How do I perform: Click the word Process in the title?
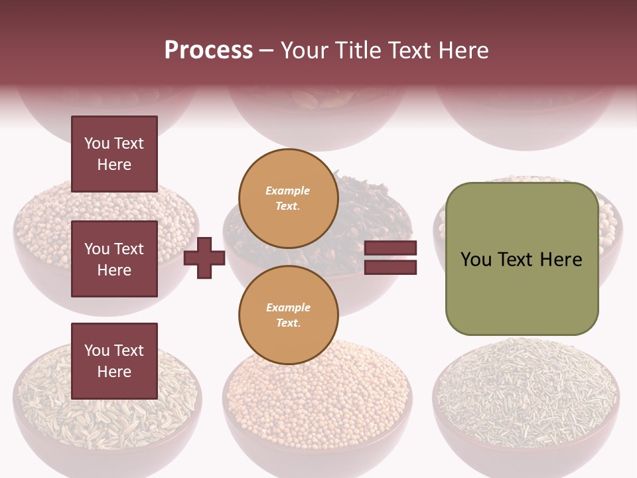tap(208, 50)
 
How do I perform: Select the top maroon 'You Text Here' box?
tap(114, 154)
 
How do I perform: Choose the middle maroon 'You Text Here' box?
tap(114, 259)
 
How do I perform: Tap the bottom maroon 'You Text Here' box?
tap(114, 361)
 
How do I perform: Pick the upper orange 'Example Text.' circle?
tap(288, 198)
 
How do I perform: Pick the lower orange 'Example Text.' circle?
tap(288, 315)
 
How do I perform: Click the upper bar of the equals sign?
tap(391, 248)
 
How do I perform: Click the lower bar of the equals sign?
tap(391, 268)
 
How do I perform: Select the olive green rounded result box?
tap(522, 259)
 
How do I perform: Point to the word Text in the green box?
tap(521, 260)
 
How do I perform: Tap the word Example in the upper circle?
tap(288, 191)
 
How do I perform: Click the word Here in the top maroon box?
tap(114, 165)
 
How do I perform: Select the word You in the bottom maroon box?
tap(96, 351)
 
